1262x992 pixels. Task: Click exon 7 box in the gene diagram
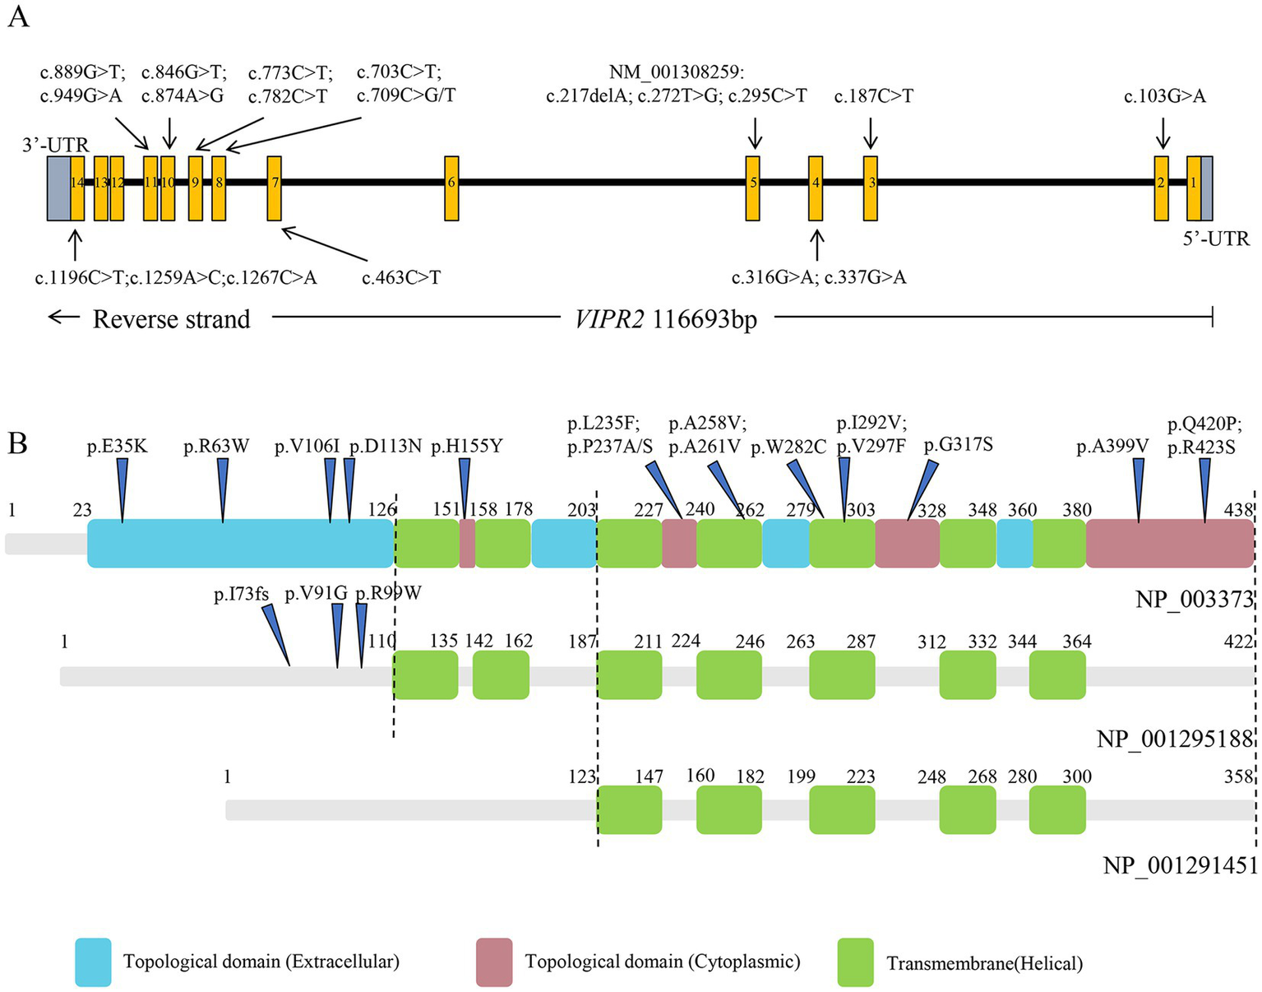pyautogui.click(x=275, y=188)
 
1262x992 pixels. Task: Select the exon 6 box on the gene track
pyautogui.click(x=451, y=188)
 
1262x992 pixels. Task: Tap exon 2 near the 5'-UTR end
pyautogui.click(x=1162, y=188)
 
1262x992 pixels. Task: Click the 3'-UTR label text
pyautogui.click(x=55, y=146)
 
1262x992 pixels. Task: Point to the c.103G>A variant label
pyautogui.click(x=1165, y=96)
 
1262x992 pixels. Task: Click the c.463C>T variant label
pyautogui.click(x=401, y=278)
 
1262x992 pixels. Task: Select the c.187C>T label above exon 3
pyautogui.click(x=873, y=96)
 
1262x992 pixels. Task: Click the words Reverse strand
pyautogui.click(x=171, y=319)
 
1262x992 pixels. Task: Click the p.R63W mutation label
pyautogui.click(x=216, y=447)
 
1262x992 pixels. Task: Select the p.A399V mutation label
pyautogui.click(x=1112, y=447)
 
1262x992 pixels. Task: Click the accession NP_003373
pyautogui.click(x=1194, y=599)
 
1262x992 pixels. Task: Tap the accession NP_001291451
pyautogui.click(x=1180, y=865)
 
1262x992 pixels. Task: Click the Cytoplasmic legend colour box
pyautogui.click(x=494, y=962)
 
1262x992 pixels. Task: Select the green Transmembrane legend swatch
pyautogui.click(x=855, y=962)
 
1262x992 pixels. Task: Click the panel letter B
pyautogui.click(x=17, y=443)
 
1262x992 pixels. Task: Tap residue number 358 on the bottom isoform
pyautogui.click(x=1238, y=776)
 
